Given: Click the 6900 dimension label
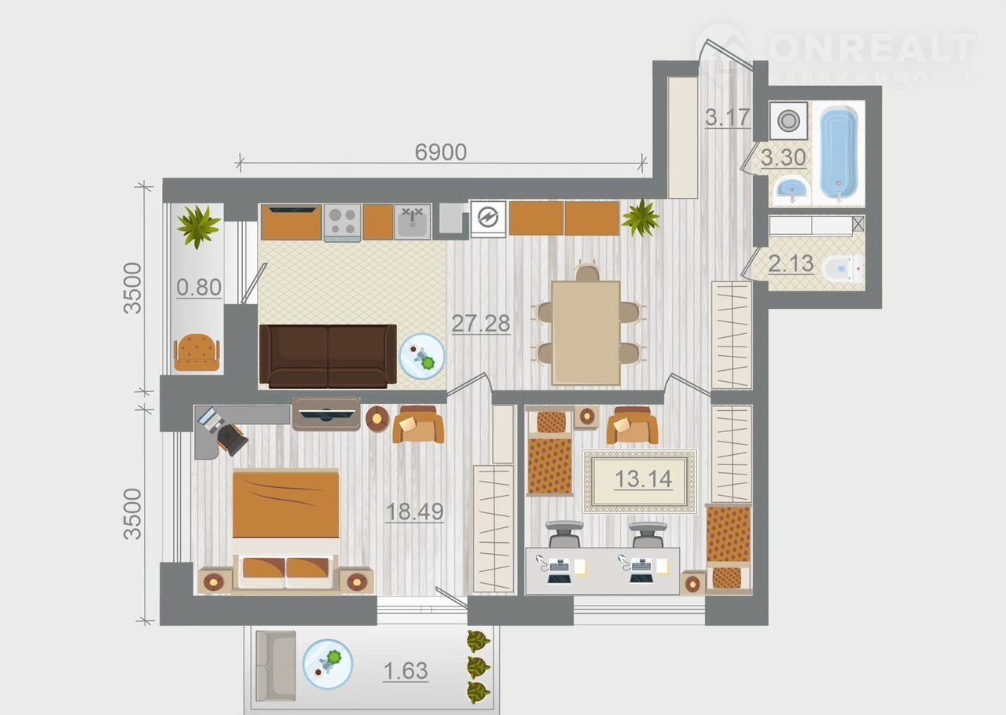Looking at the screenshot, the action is click(441, 152).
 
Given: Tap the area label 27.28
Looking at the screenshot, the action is click(480, 323).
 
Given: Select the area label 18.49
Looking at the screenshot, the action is click(414, 511).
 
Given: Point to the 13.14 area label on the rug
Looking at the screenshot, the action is click(643, 478).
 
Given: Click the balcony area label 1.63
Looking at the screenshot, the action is click(406, 671).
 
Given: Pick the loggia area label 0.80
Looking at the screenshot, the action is click(199, 287).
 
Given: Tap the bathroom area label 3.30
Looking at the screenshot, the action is click(784, 158).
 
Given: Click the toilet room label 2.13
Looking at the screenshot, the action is click(791, 264).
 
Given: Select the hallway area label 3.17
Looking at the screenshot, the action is click(728, 118).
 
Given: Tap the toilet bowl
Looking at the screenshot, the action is click(842, 269).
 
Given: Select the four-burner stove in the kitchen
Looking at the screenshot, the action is click(342, 223).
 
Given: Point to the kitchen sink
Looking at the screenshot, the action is click(413, 222).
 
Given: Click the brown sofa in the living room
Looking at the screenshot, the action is click(328, 356).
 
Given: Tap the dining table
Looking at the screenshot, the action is click(586, 333).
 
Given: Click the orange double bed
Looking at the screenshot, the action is click(285, 529).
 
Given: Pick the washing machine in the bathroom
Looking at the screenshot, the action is click(788, 120).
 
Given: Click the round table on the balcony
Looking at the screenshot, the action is click(328, 664).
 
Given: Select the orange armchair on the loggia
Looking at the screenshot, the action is click(196, 352).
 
